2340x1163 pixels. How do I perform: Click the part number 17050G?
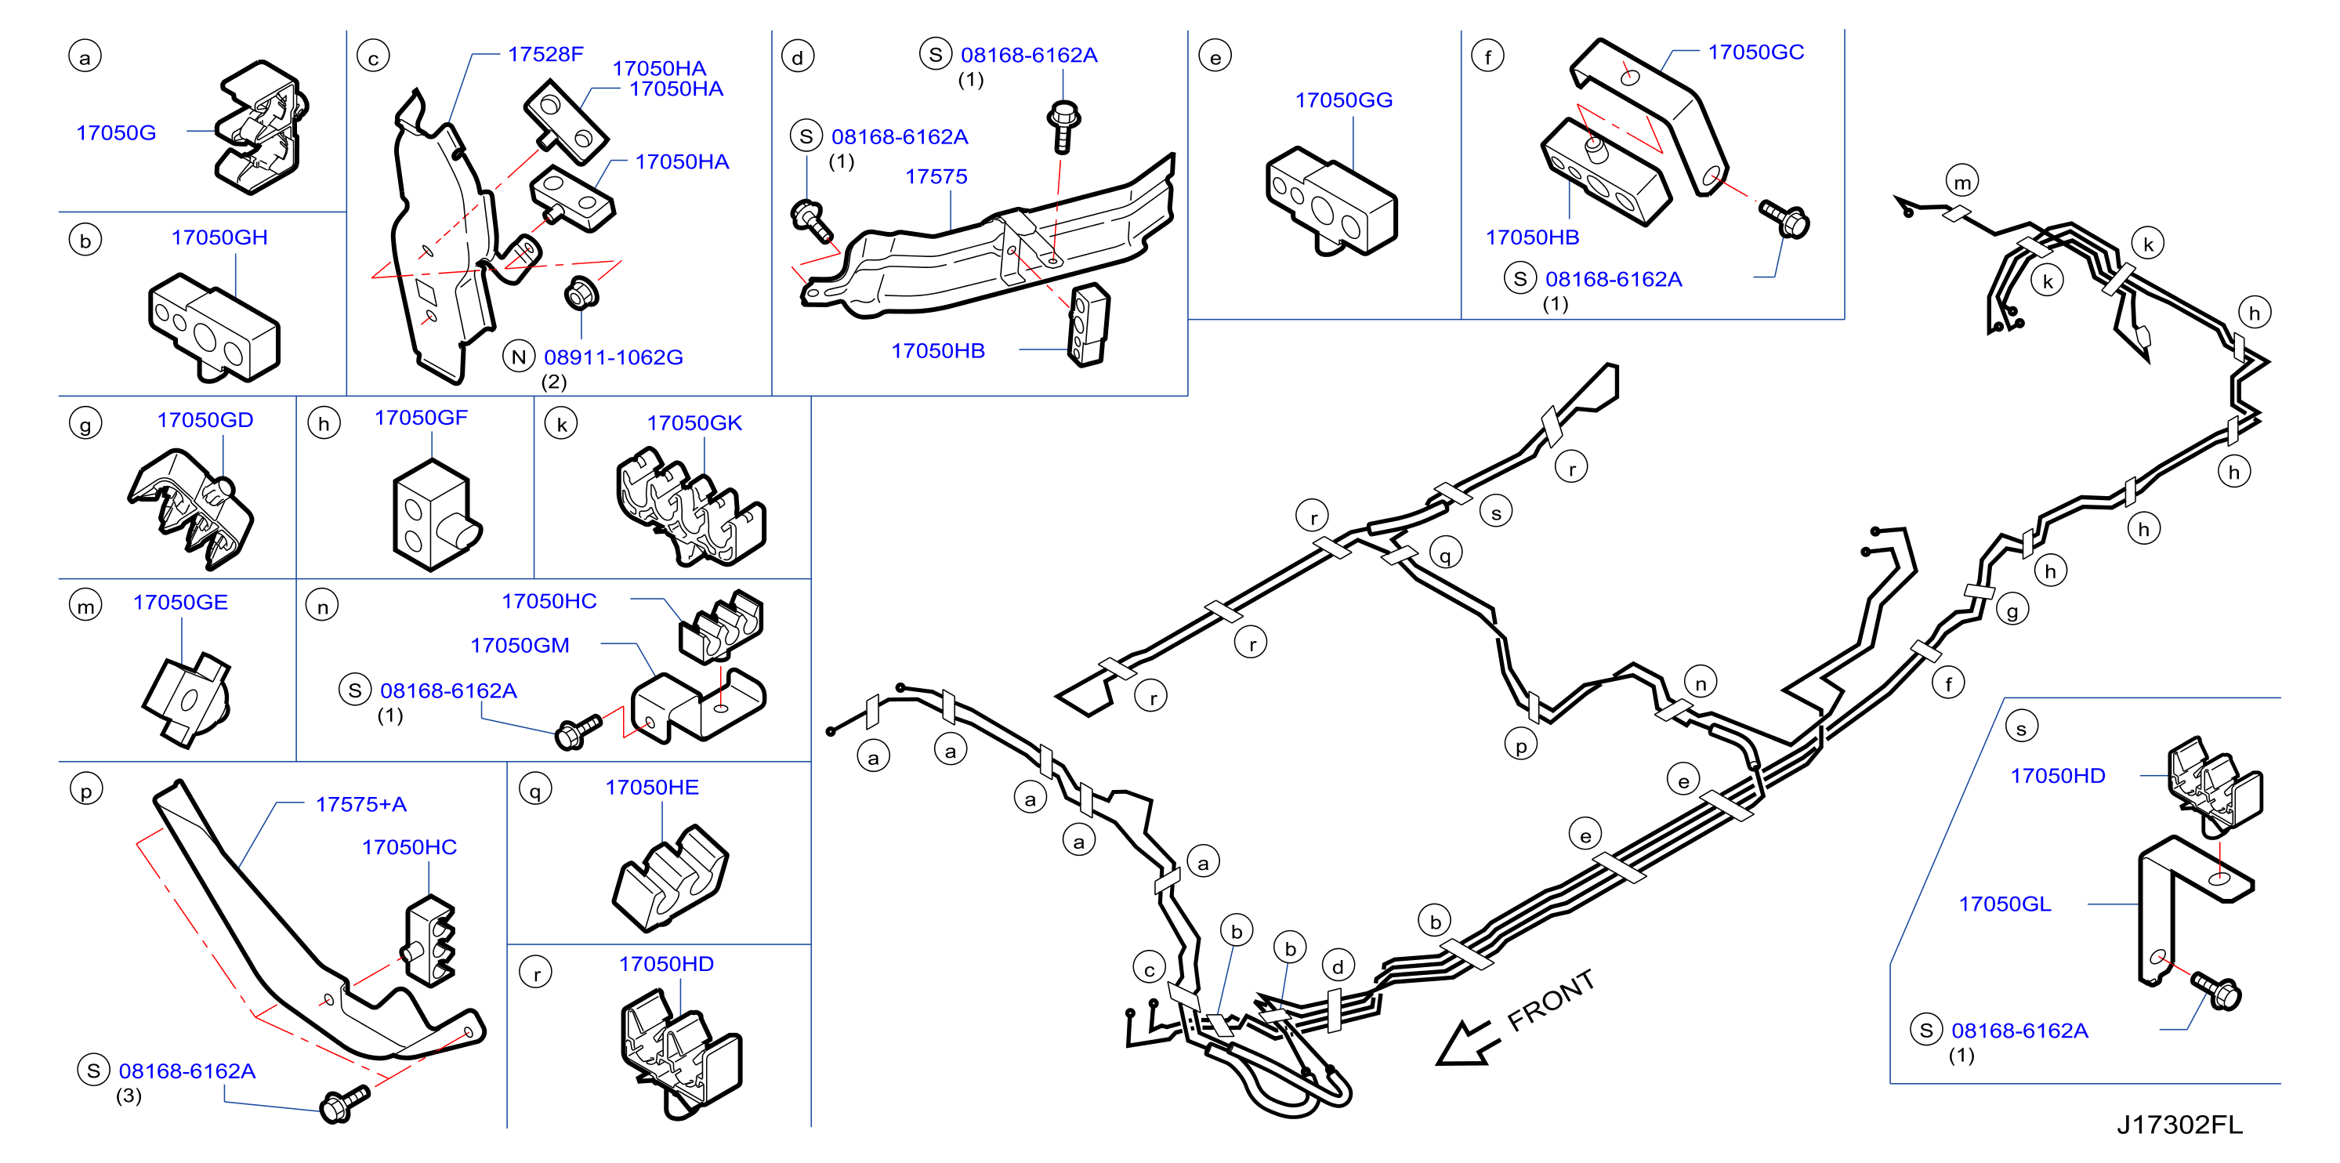pyautogui.click(x=116, y=132)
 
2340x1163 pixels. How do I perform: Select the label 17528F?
pyautogui.click(x=545, y=55)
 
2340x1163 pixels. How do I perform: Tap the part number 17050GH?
pyautogui.click(x=220, y=237)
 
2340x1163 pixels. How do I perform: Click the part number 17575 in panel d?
pyautogui.click(x=936, y=176)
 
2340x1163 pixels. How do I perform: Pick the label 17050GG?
pyautogui.click(x=1343, y=100)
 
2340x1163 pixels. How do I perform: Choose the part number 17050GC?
pyautogui.click(x=1756, y=52)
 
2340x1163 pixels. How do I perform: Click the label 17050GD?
pyautogui.click(x=205, y=420)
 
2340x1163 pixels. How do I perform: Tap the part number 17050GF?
pyautogui.click(x=421, y=417)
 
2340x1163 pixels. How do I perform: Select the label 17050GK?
pyautogui.click(x=694, y=422)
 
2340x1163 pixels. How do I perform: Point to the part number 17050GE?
pyautogui.click(x=180, y=603)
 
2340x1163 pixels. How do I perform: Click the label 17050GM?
pyautogui.click(x=520, y=645)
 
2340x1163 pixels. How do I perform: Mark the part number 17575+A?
pyautogui.click(x=360, y=804)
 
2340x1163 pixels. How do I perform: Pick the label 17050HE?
pyautogui.click(x=652, y=787)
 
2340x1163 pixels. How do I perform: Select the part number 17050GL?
pyautogui.click(x=2005, y=904)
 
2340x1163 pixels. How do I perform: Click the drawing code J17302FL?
pyautogui.click(x=2179, y=1125)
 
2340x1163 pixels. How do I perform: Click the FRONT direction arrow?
pyautogui.click(x=1465, y=1042)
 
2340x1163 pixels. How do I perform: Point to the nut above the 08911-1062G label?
pyautogui.click(x=580, y=292)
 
